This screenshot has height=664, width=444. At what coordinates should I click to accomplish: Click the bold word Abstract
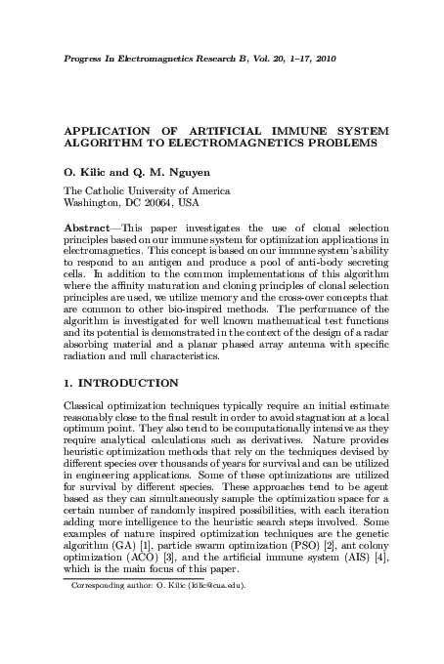point(86,226)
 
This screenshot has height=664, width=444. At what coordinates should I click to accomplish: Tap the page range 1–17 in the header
point(294,60)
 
